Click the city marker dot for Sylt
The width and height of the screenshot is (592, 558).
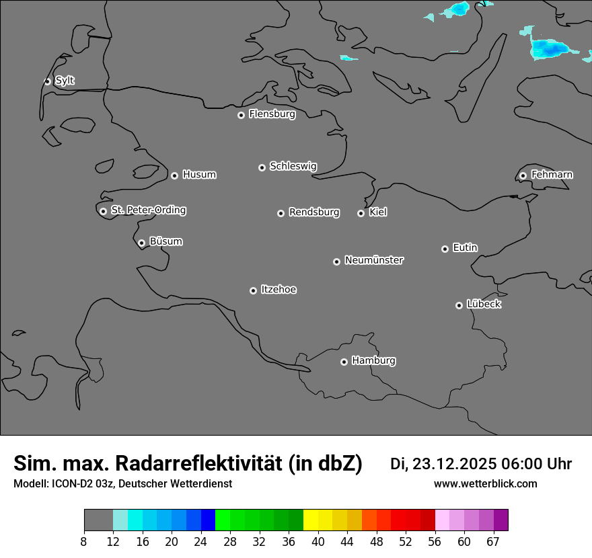(x=48, y=81)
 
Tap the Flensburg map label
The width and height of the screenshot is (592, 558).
(x=272, y=114)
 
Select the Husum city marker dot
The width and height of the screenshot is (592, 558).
(x=174, y=175)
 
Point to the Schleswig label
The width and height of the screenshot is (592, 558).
(x=293, y=166)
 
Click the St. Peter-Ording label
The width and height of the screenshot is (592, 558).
(x=148, y=210)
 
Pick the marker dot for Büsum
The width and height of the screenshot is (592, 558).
(x=141, y=243)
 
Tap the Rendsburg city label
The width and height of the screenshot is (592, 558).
(x=313, y=212)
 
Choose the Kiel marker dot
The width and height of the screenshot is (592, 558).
(x=361, y=213)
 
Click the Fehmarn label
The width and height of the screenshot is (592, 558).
(x=552, y=175)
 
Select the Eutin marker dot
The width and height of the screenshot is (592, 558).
(x=445, y=249)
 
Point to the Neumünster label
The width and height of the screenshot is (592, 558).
(x=373, y=260)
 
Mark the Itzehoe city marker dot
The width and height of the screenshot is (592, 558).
(x=253, y=290)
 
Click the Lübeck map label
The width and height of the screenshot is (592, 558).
(x=484, y=305)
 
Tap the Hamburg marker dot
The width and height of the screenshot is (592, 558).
(x=344, y=362)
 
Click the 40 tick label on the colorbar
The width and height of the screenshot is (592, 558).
(x=318, y=541)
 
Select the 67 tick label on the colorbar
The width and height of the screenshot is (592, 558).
(x=493, y=541)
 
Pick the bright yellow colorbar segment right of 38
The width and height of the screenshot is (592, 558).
(x=311, y=520)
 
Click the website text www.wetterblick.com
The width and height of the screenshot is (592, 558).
(x=485, y=484)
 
